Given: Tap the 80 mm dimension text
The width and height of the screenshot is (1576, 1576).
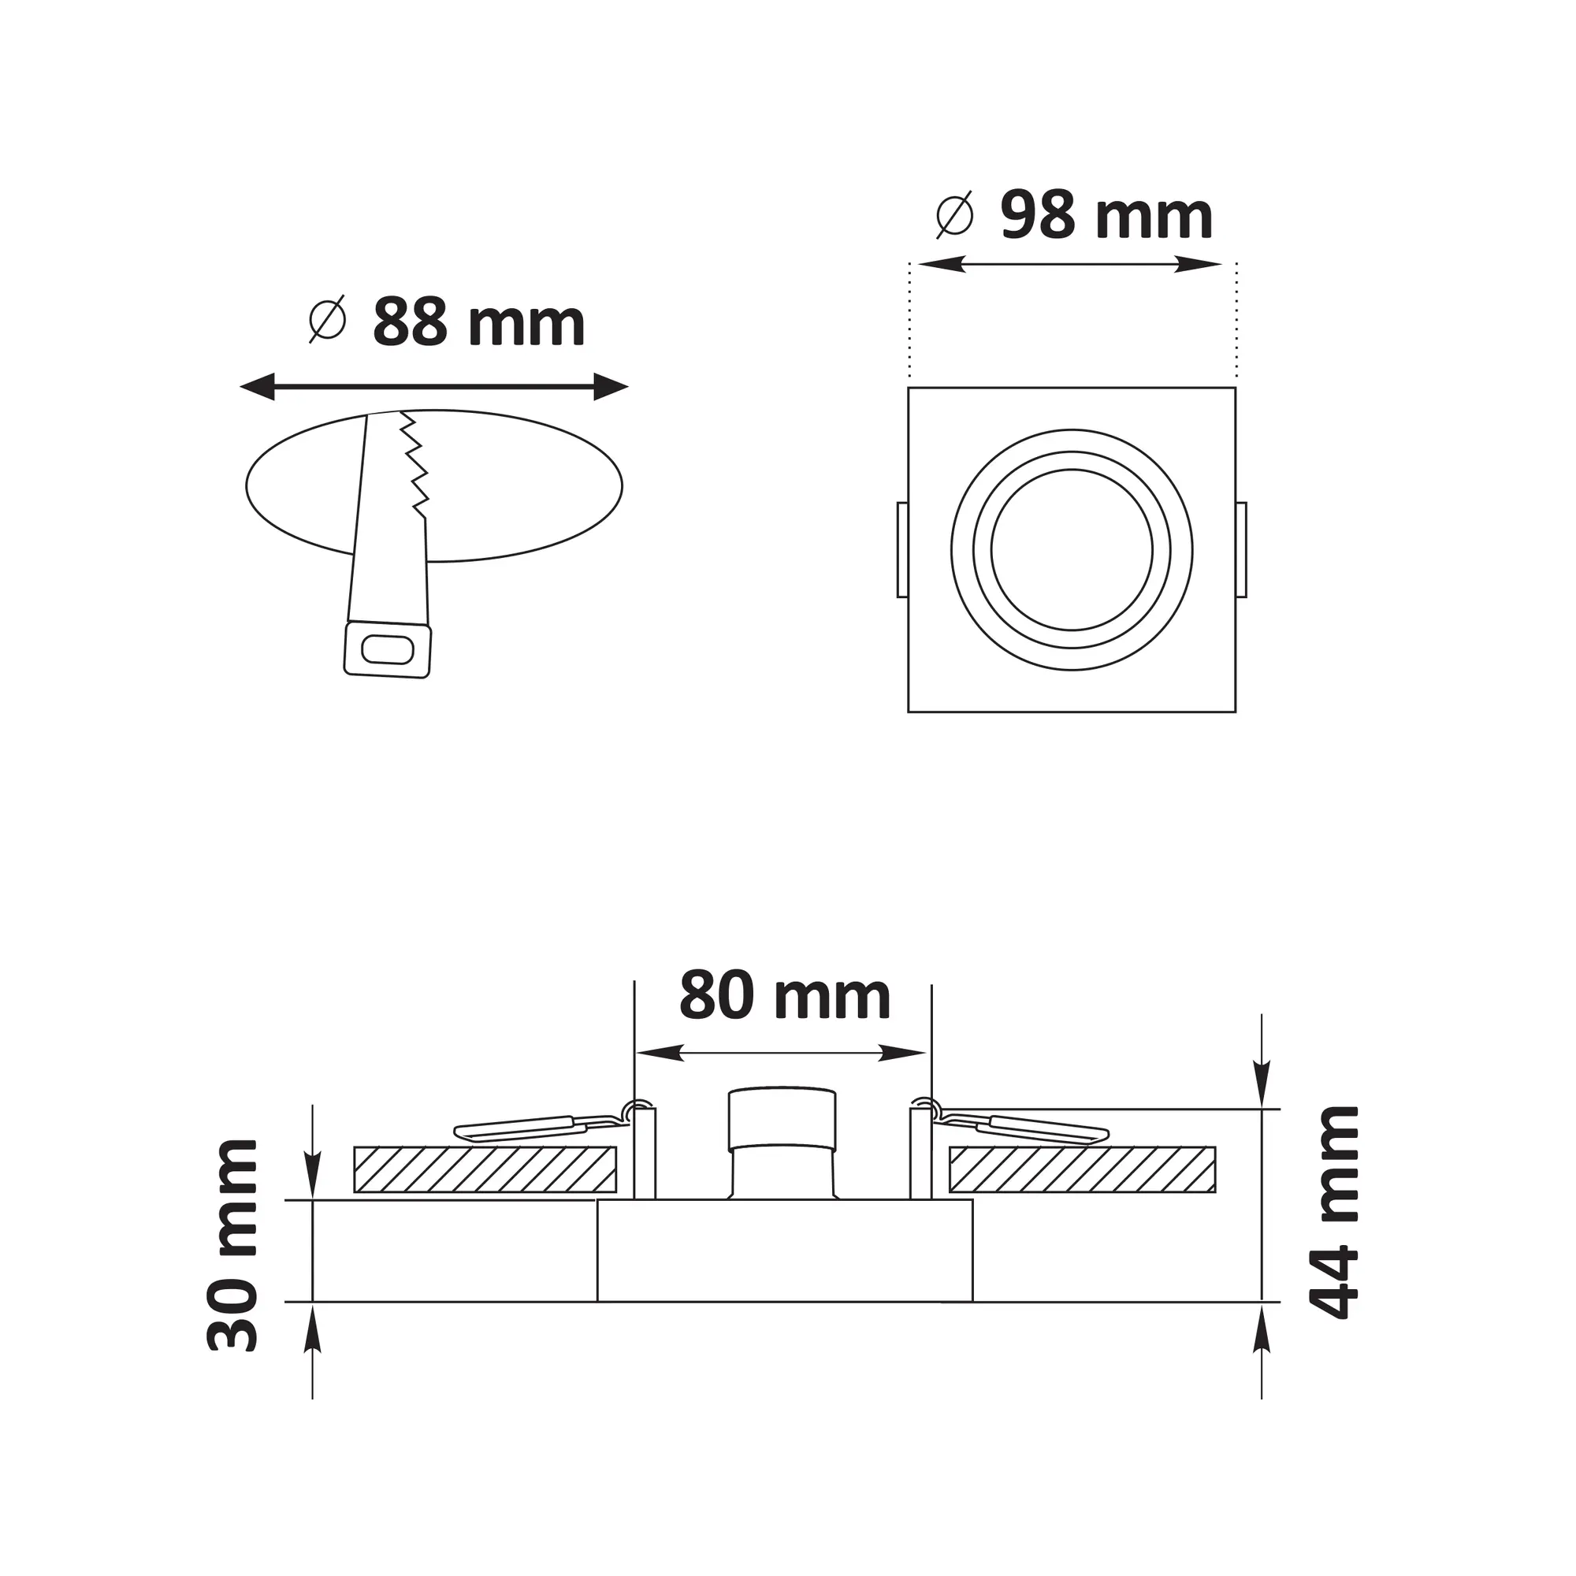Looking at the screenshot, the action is (x=785, y=996).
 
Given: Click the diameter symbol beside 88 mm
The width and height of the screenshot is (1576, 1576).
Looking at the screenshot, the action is (x=327, y=319).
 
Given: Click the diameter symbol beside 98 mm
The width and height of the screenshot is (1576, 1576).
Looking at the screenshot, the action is (x=955, y=214).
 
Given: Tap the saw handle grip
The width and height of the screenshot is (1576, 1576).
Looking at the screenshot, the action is (x=388, y=650).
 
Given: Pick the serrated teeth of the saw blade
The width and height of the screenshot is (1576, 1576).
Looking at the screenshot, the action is (x=414, y=465).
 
